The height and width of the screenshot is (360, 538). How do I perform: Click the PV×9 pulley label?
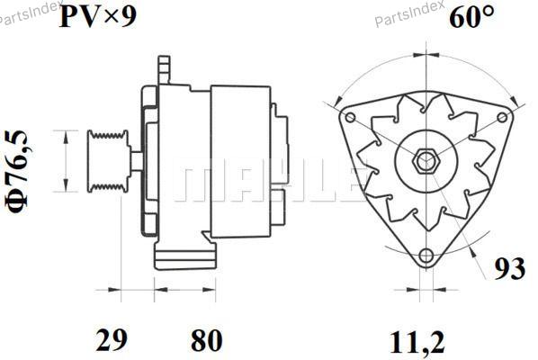(98, 17)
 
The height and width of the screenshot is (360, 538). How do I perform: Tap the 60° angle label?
(472, 17)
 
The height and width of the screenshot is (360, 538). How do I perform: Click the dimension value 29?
(112, 340)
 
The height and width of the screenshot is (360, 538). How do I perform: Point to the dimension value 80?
(207, 340)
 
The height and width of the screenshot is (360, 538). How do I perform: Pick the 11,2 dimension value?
(417, 342)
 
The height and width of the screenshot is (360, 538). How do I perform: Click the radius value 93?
(509, 268)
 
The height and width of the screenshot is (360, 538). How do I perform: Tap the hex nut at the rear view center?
(426, 160)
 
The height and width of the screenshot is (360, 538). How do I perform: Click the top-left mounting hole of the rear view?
(350, 117)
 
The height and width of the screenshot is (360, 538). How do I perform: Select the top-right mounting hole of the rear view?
(502, 117)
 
